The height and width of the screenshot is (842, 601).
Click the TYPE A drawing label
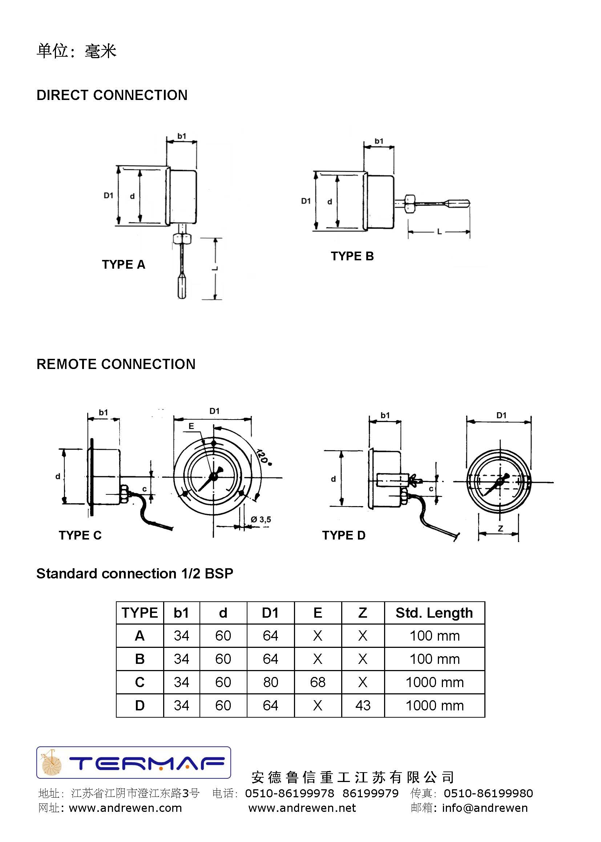[x=124, y=264]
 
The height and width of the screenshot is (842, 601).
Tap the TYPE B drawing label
[x=352, y=256]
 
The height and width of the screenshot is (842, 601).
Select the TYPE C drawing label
[x=80, y=535]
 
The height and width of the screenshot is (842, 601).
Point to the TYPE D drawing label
[x=343, y=535]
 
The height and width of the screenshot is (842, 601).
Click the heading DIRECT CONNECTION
[x=112, y=95]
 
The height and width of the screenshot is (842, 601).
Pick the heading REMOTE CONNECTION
[x=116, y=364]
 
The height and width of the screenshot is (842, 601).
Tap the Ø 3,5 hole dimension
[x=261, y=520]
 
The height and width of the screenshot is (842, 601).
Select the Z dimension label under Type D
[x=500, y=528]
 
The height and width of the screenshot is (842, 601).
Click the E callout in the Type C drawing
[x=191, y=426]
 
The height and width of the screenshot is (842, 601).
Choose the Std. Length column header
[x=434, y=613]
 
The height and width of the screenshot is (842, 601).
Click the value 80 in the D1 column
[x=271, y=682]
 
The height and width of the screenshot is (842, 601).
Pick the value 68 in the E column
[x=318, y=682]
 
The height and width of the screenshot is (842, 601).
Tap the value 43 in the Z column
[x=363, y=705]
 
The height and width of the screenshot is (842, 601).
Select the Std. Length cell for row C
[x=435, y=682]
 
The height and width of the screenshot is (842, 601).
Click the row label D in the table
[x=140, y=705]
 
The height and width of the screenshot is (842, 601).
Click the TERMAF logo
[x=134, y=762]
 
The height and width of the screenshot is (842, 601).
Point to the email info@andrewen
[x=485, y=807]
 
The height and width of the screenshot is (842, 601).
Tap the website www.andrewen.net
[x=302, y=807]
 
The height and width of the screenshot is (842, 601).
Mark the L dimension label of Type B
[x=439, y=232]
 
